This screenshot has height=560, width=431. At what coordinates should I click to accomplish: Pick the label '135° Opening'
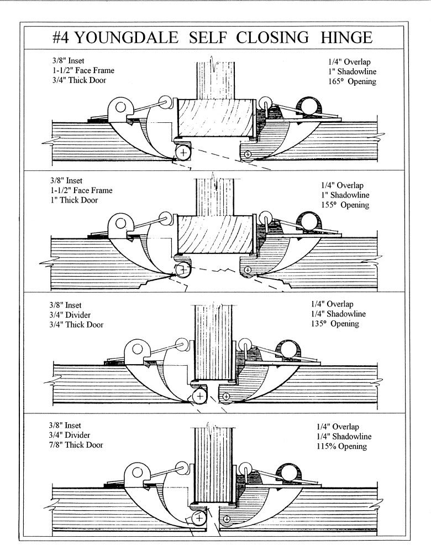click(335, 324)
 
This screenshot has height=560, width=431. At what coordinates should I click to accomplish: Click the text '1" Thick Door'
click(71, 200)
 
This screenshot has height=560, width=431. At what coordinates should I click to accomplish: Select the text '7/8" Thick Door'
click(75, 445)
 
